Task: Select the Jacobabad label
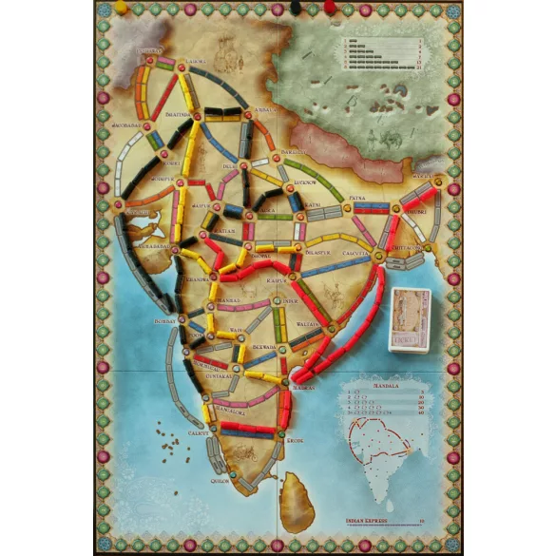[x=126, y=123]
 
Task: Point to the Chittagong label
[x=407, y=245]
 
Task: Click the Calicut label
[x=198, y=431]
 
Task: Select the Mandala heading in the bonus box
[x=381, y=388]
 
